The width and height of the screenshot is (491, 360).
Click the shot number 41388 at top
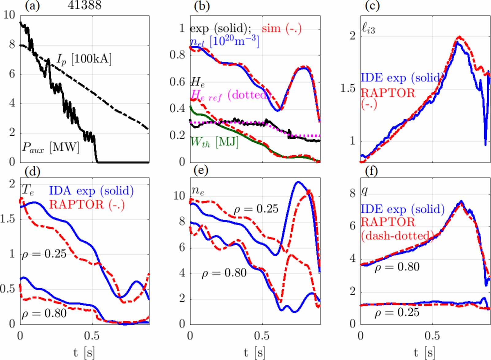tap(84, 5)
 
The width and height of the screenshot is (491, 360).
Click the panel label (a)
tap(33, 6)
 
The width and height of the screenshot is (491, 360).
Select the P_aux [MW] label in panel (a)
tap(50, 148)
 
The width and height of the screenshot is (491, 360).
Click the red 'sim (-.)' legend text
tap(281, 29)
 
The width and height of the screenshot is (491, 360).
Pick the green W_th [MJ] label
tap(214, 142)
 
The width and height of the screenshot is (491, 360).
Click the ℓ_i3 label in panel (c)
tap(368, 29)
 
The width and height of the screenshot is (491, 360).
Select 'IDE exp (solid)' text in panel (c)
tap(402, 78)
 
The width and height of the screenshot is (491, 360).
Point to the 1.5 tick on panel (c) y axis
tap(348, 89)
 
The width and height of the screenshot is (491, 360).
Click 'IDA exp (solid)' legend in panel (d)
tap(91, 191)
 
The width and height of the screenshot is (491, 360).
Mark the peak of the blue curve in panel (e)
tap(297, 182)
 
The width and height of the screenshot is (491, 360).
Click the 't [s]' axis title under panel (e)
tap(255, 353)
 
